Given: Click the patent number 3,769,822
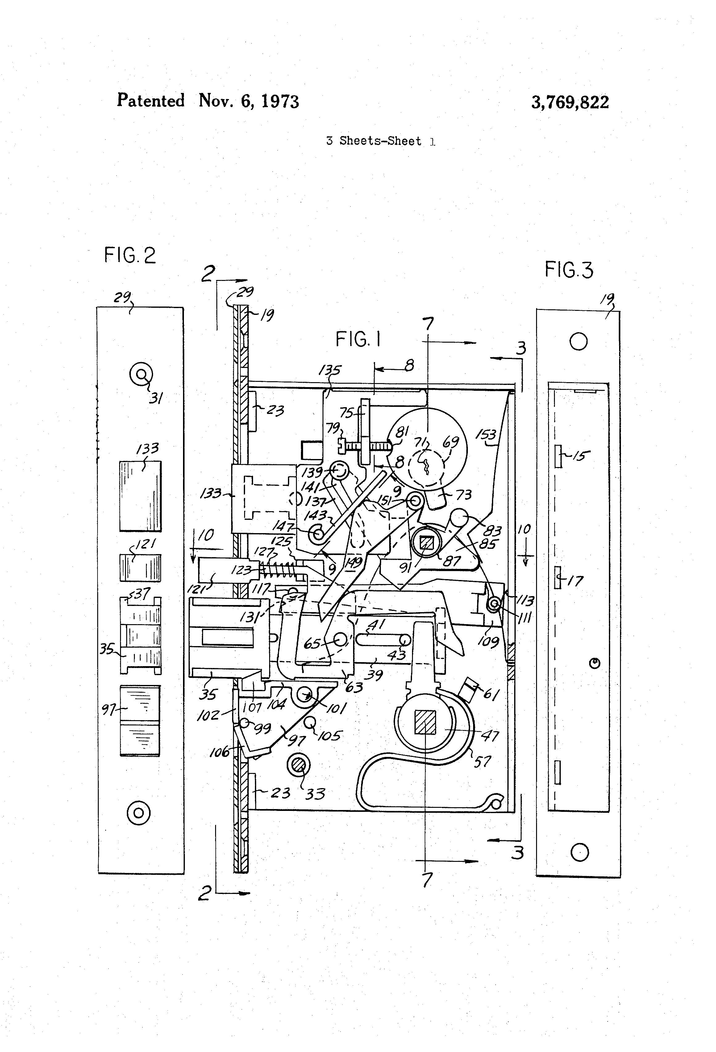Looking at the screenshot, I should point(569,102).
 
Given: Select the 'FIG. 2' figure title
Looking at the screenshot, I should point(130,255).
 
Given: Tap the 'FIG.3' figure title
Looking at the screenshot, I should point(568,270).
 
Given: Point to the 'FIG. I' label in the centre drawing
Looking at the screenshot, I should point(358,339).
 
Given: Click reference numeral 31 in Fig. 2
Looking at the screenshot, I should point(156,398).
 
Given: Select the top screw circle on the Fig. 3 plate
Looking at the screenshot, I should point(578,341).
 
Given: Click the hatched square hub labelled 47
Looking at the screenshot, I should point(425,722).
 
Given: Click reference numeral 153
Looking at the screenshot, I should point(486,435).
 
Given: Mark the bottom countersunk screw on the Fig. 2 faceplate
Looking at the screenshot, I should point(139,812).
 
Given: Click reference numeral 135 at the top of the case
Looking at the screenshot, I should point(330,370).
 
